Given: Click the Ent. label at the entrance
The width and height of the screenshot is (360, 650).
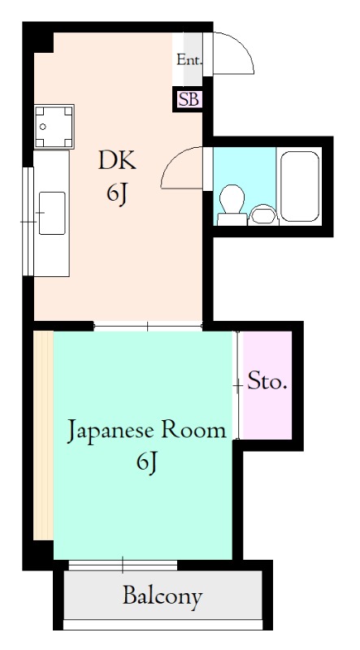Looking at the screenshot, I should coord(189,58).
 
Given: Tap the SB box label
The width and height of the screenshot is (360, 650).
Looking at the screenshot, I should coord(188,100).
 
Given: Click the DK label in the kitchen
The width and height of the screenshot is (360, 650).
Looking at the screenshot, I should coord(119,160).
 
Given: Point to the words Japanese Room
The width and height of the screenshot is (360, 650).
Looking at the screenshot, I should coord(146,430).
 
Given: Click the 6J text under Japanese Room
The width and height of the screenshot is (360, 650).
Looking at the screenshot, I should coord(147,463).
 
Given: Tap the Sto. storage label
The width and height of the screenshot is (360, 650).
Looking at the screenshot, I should coord(267,382).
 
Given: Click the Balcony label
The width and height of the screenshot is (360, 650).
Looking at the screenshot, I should coord(163,597).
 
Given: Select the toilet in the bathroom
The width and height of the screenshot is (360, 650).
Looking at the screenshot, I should coord(231,203).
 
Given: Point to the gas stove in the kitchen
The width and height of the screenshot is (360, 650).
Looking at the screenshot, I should coord(54,126).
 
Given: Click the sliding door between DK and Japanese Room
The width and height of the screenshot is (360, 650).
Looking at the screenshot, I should coord(147,326).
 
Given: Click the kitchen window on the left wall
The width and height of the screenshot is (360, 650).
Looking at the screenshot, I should coord(28,219).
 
